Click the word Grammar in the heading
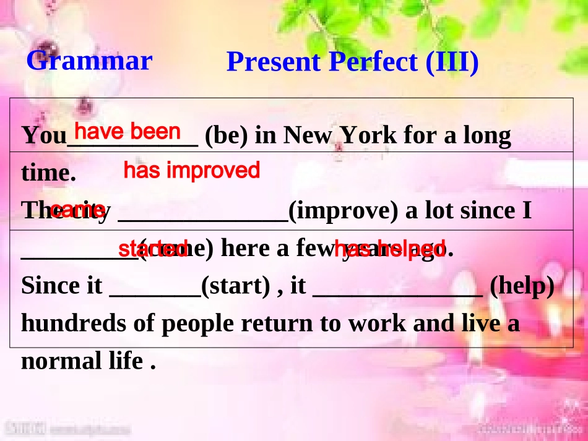(x=89, y=61)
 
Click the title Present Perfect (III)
(x=352, y=62)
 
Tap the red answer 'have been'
(x=128, y=132)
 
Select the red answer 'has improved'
(x=192, y=171)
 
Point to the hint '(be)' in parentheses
(x=227, y=135)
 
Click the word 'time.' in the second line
(x=48, y=174)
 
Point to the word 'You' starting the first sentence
(x=43, y=136)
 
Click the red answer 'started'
(x=153, y=249)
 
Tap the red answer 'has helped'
(x=389, y=249)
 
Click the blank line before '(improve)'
(x=202, y=217)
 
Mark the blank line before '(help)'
(x=398, y=293)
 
